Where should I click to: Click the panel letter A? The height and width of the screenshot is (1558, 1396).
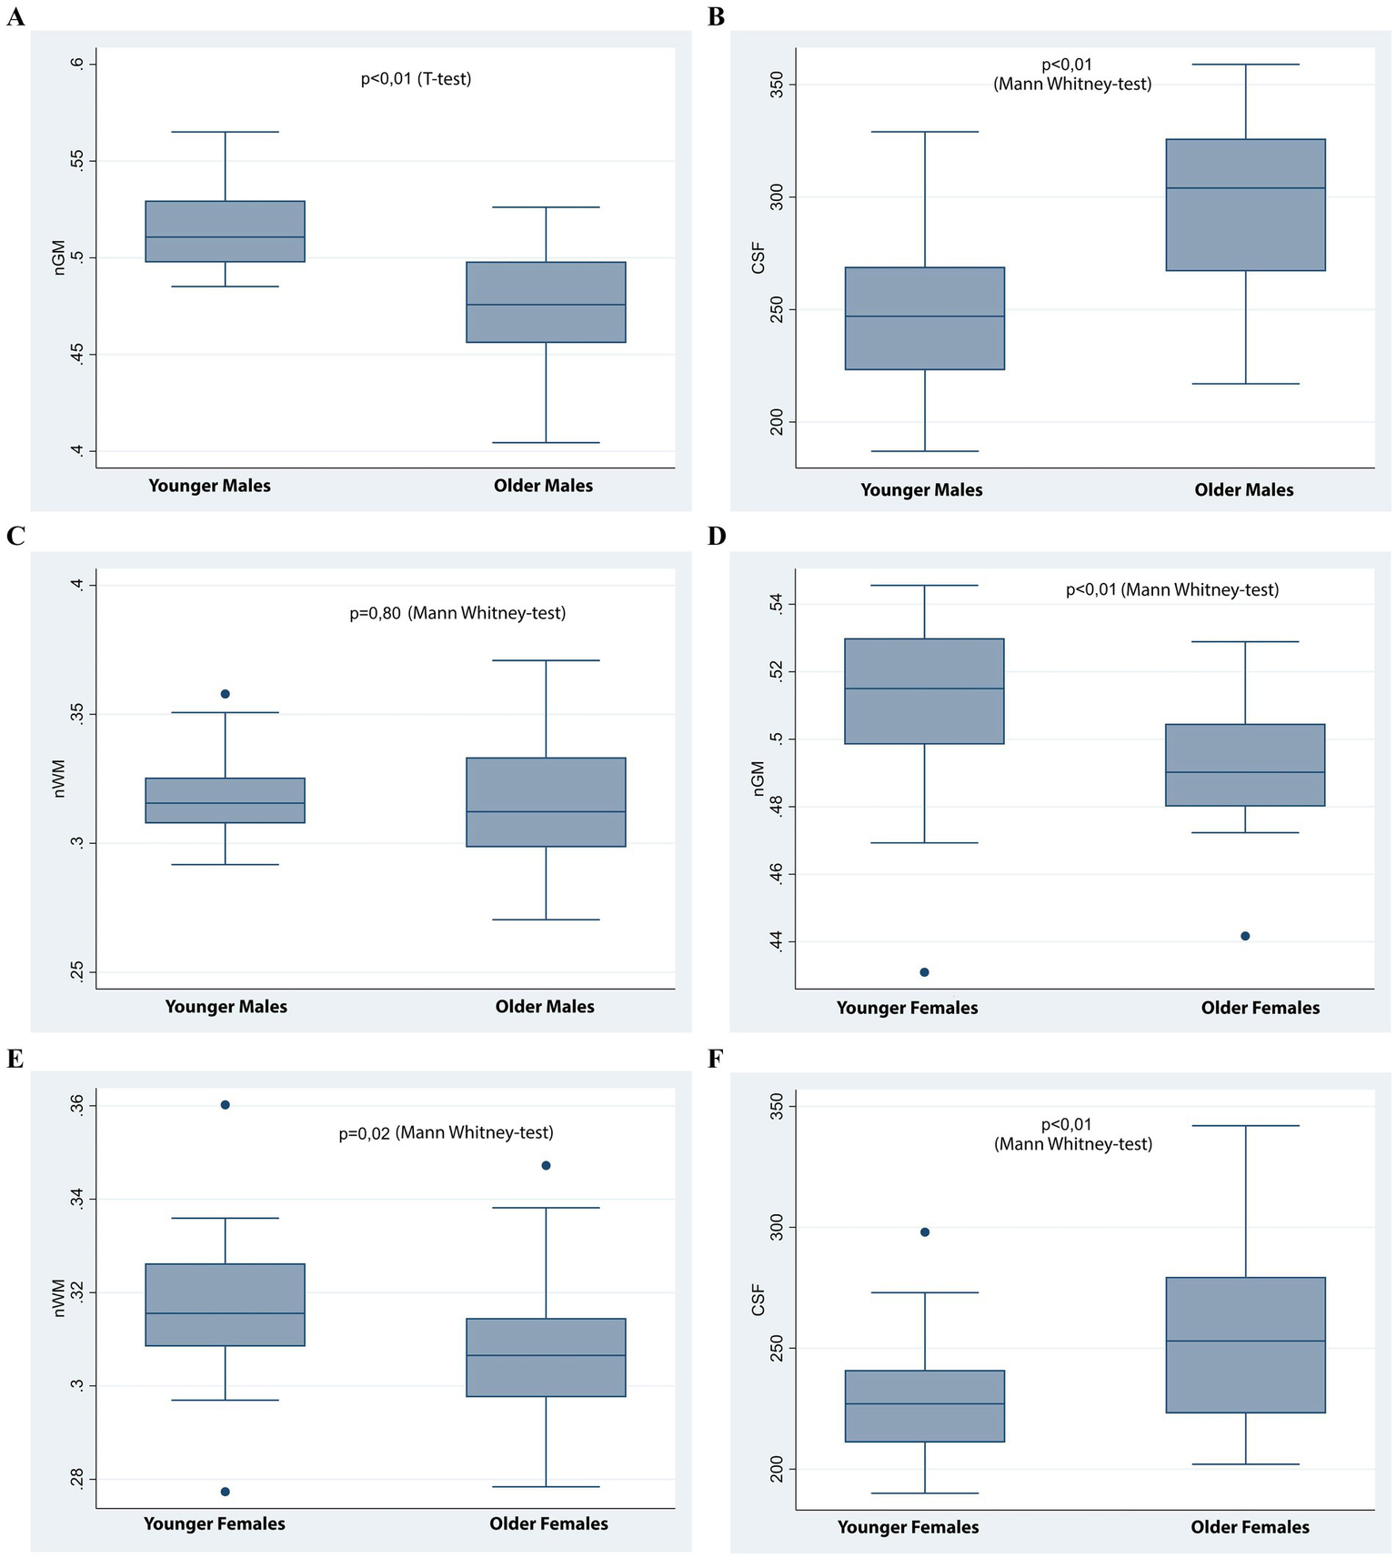15,16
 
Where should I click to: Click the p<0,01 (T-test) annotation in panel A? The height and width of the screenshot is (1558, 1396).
416,79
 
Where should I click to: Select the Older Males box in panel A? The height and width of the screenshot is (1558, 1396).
546,302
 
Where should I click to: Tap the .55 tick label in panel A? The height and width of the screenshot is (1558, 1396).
77,161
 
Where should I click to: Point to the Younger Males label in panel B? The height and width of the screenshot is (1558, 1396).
921,490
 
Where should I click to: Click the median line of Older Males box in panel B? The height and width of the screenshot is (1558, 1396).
1245,188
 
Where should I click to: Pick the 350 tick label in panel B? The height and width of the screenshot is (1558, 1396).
777,85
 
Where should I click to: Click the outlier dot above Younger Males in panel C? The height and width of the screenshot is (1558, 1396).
226,694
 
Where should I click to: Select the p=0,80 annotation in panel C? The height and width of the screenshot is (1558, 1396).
457,613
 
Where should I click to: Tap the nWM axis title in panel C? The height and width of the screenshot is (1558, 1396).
60,779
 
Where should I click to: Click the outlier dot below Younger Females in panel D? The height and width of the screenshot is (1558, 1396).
925,972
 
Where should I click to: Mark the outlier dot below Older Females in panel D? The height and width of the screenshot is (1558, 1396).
1245,936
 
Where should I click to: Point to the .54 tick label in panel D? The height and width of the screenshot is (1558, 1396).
777,604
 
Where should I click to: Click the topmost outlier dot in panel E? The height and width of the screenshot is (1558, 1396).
226,1105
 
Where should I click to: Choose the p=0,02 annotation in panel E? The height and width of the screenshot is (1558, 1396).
446,1132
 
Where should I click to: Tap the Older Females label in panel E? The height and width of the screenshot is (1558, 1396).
548,1523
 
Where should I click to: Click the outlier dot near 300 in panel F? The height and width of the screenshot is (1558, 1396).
925,1231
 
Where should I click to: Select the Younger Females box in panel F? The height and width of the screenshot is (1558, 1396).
925,1406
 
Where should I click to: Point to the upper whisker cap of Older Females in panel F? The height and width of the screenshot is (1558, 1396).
1245,1126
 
